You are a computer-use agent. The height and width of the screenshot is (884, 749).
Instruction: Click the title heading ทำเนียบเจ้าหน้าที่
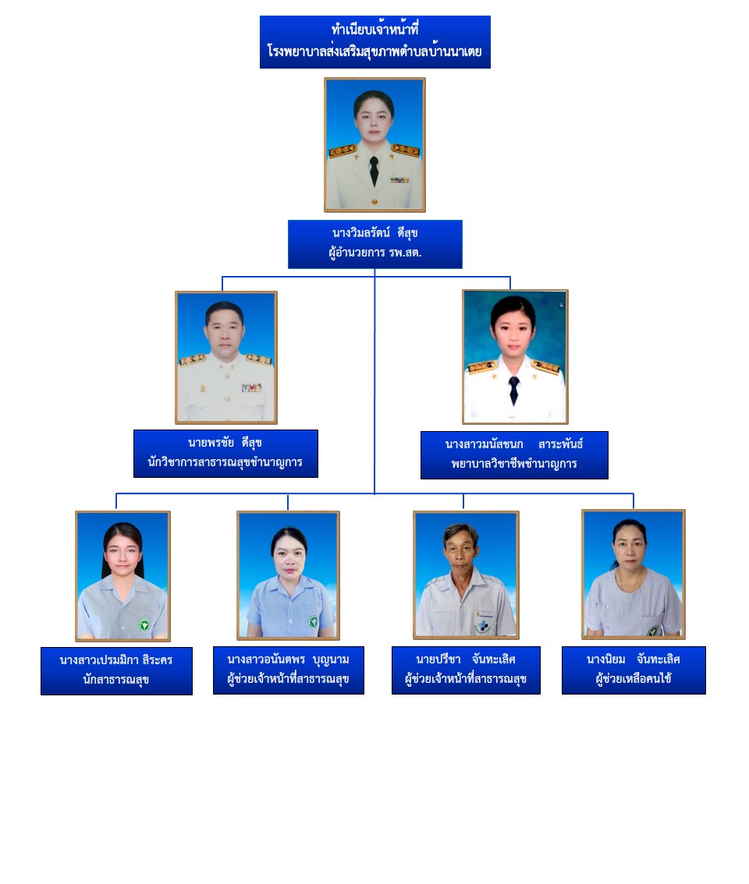(x=374, y=30)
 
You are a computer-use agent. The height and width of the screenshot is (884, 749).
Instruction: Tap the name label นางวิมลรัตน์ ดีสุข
(x=375, y=233)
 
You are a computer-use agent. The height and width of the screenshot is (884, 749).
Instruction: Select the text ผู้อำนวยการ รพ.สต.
(x=375, y=253)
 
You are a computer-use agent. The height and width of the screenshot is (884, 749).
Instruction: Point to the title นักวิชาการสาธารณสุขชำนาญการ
(x=225, y=462)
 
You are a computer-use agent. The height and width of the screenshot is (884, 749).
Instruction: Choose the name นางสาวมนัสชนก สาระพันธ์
(x=514, y=444)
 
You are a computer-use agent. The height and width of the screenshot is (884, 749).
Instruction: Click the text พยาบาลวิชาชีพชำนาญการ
(x=514, y=464)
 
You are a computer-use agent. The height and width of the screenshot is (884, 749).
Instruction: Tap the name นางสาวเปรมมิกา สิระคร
(x=116, y=659)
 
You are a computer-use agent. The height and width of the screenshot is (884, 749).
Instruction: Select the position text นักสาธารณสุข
(x=116, y=679)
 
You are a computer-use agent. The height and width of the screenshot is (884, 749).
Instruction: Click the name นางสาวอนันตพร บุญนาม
(x=288, y=659)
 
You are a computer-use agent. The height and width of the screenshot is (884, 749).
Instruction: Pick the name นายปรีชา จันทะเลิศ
(x=466, y=659)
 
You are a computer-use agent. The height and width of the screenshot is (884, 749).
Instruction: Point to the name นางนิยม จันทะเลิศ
(x=634, y=659)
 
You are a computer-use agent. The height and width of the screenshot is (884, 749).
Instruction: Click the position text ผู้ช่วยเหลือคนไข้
(x=634, y=679)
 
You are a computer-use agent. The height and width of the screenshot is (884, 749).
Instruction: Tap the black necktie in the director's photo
(x=374, y=171)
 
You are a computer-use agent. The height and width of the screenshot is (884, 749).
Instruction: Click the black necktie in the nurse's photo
(x=514, y=389)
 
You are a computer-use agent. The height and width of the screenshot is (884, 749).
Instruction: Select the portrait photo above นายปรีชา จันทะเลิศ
(x=466, y=575)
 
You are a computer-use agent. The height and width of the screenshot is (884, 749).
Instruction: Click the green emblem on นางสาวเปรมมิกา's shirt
(x=144, y=624)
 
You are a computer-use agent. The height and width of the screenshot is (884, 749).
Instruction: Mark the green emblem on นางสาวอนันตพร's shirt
(x=313, y=622)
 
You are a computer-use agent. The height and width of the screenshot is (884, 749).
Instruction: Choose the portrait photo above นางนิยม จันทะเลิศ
(x=633, y=574)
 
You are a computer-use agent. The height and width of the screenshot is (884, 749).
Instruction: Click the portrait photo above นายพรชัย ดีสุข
(x=225, y=357)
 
